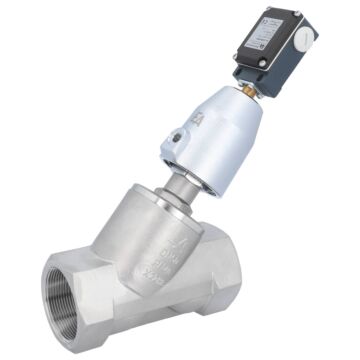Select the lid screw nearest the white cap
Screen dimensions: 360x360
[291, 20]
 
